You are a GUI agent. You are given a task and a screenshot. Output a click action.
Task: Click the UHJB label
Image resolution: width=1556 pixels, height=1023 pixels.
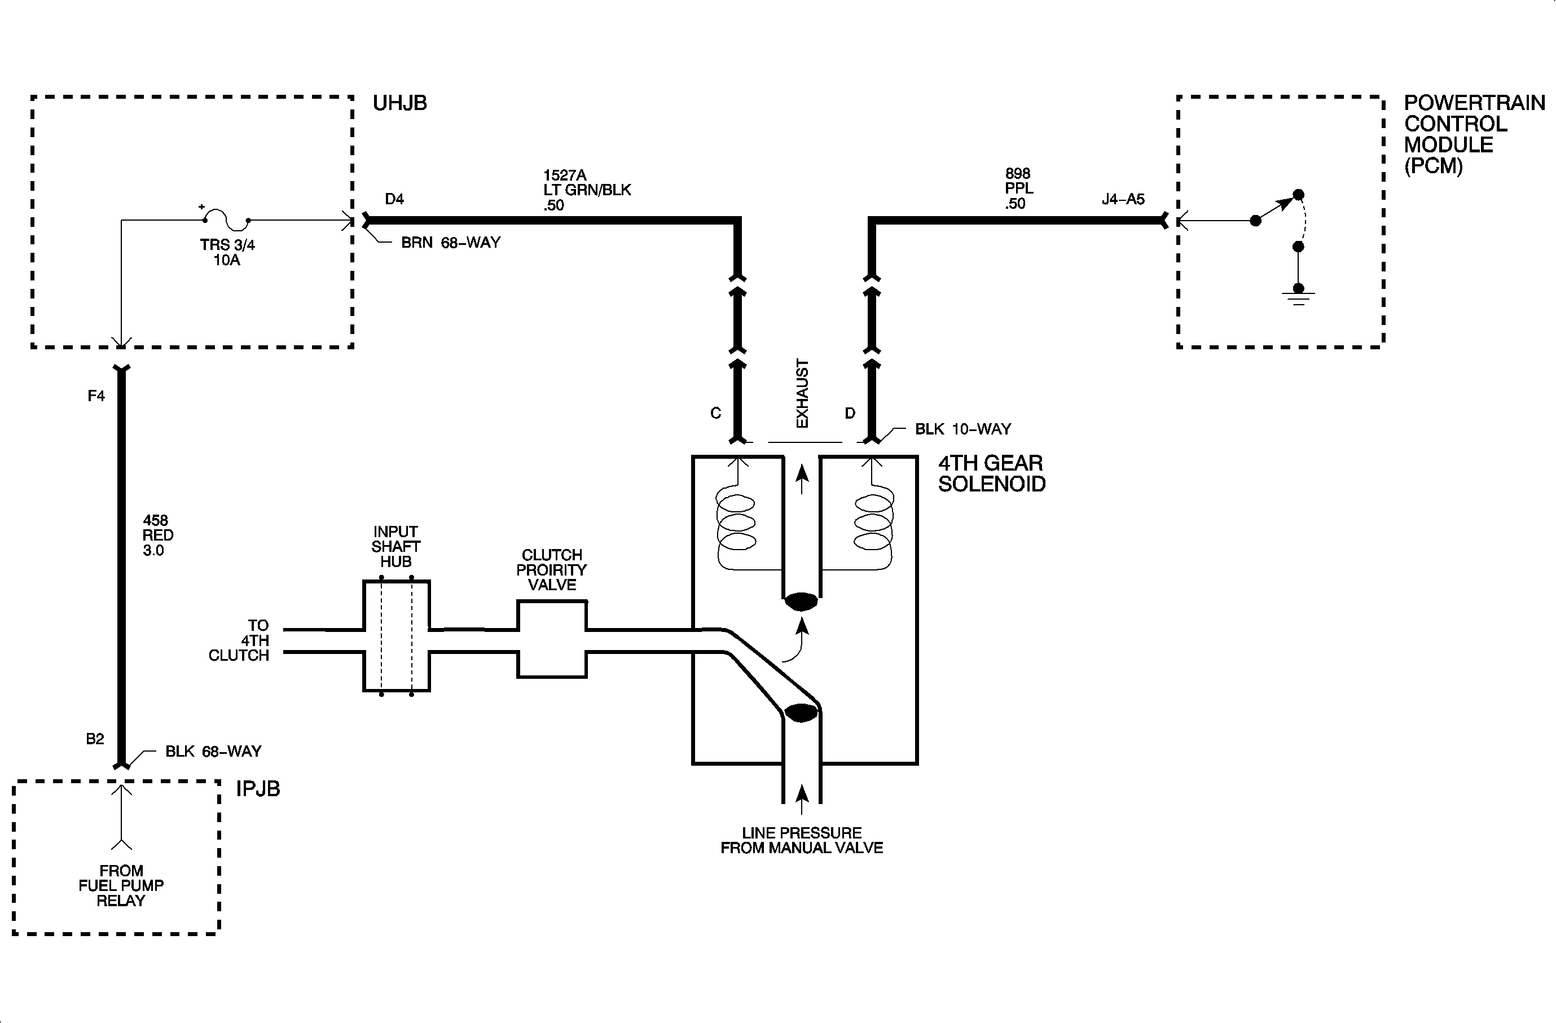tap(399, 103)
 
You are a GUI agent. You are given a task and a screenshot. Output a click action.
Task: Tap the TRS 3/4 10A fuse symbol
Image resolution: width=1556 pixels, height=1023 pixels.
tap(226, 219)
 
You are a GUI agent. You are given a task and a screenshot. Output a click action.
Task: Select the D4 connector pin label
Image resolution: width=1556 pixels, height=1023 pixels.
tap(394, 199)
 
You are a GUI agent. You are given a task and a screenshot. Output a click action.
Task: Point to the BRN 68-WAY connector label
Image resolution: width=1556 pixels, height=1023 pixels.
tap(450, 243)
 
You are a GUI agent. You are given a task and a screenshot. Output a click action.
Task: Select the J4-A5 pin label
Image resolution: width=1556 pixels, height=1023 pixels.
tap(1123, 199)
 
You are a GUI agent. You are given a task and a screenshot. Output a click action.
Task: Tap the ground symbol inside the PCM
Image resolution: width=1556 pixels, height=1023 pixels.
tap(1298, 297)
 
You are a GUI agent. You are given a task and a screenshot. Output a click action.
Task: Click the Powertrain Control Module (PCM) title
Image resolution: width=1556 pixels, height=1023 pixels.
tap(1474, 134)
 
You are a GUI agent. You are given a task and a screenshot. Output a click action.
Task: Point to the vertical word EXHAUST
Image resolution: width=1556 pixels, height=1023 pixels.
tap(802, 393)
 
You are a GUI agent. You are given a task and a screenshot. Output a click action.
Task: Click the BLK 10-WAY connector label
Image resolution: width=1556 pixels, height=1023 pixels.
tap(962, 429)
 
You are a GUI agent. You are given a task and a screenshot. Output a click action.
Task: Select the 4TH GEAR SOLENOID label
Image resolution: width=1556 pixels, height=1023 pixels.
tap(991, 473)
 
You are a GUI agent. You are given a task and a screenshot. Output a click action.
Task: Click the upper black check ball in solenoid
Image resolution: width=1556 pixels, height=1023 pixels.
tap(802, 602)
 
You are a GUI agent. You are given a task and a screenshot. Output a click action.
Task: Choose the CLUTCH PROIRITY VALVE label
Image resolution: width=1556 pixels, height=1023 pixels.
tap(551, 569)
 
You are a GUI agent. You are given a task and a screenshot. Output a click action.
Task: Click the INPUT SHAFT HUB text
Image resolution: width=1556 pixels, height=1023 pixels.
tap(395, 546)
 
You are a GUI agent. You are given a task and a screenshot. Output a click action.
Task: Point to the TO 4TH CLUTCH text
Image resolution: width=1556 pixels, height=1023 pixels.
tap(242, 640)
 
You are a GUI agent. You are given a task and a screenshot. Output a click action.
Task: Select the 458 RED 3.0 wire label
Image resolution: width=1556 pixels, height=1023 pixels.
tap(157, 535)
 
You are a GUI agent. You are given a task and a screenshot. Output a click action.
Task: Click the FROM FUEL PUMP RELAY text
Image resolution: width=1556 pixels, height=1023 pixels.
tap(121, 886)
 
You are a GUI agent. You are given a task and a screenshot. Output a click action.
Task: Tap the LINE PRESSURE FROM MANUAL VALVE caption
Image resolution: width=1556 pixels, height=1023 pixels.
tap(802, 841)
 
